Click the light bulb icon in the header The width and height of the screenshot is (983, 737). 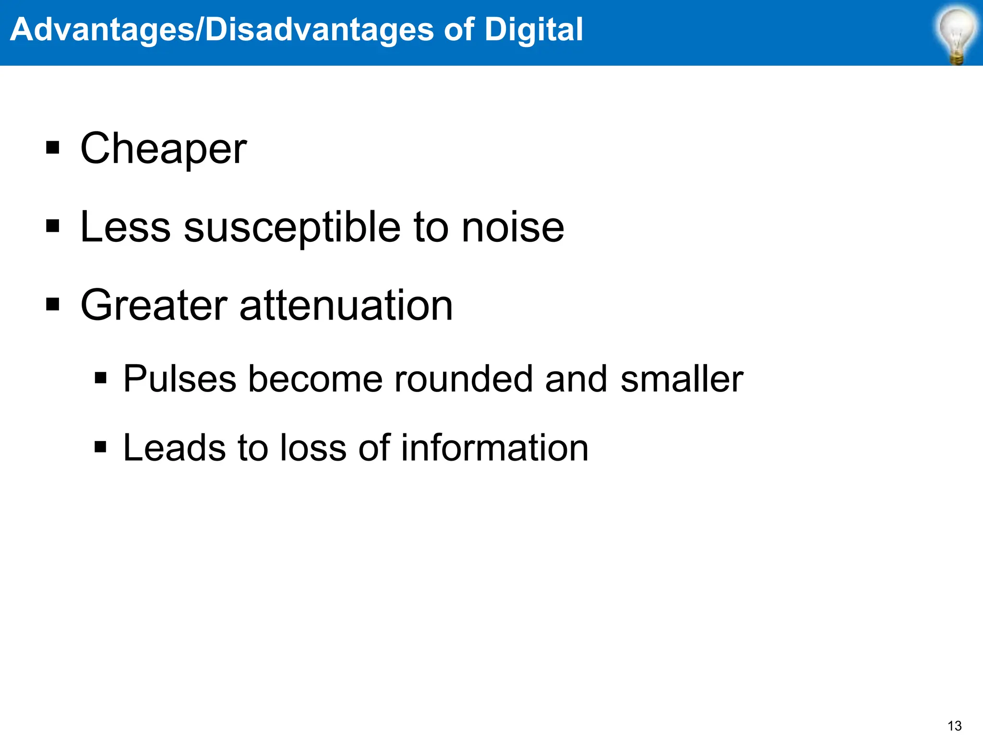pyautogui.click(x=957, y=35)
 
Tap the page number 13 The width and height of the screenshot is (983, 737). pyautogui.click(x=955, y=725)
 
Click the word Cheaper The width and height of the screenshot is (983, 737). pyautogui.click(x=164, y=149)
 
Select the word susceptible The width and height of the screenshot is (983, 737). pyautogui.click(x=292, y=227)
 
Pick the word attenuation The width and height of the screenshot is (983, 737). pyautogui.click(x=346, y=306)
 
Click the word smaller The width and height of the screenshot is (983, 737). pyautogui.click(x=682, y=379)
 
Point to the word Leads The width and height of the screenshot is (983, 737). pyautogui.click(x=174, y=448)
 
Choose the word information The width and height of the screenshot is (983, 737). pyautogui.click(x=494, y=448)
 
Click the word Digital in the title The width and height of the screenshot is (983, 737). pyautogui.click(x=533, y=30)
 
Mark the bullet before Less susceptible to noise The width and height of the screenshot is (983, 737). pyautogui.click(x=53, y=226)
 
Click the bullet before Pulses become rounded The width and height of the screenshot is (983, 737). pyautogui.click(x=100, y=378)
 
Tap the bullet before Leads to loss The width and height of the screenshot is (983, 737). pyautogui.click(x=100, y=447)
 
